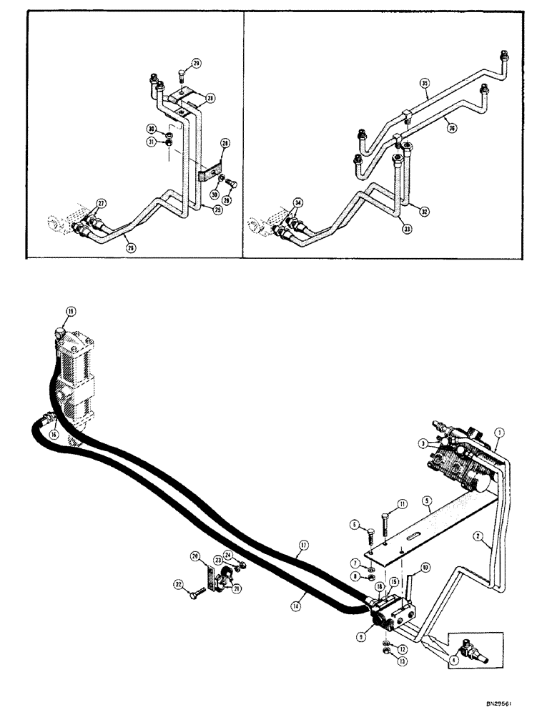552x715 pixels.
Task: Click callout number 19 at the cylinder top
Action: point(70,311)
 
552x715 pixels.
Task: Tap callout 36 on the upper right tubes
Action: point(451,129)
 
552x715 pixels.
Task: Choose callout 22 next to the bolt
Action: point(179,586)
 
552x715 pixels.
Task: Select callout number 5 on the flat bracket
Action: point(425,502)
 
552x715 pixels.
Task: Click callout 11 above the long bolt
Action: point(402,505)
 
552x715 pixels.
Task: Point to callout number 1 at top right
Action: point(500,432)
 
